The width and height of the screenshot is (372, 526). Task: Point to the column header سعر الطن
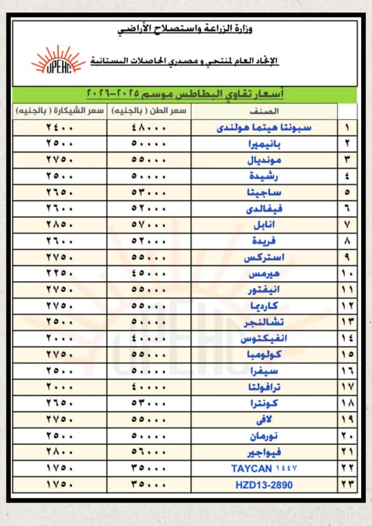149,110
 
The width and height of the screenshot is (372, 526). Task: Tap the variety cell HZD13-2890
263,484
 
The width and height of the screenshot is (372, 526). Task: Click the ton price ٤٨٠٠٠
149,127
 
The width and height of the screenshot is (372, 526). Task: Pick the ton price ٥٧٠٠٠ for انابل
149,223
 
